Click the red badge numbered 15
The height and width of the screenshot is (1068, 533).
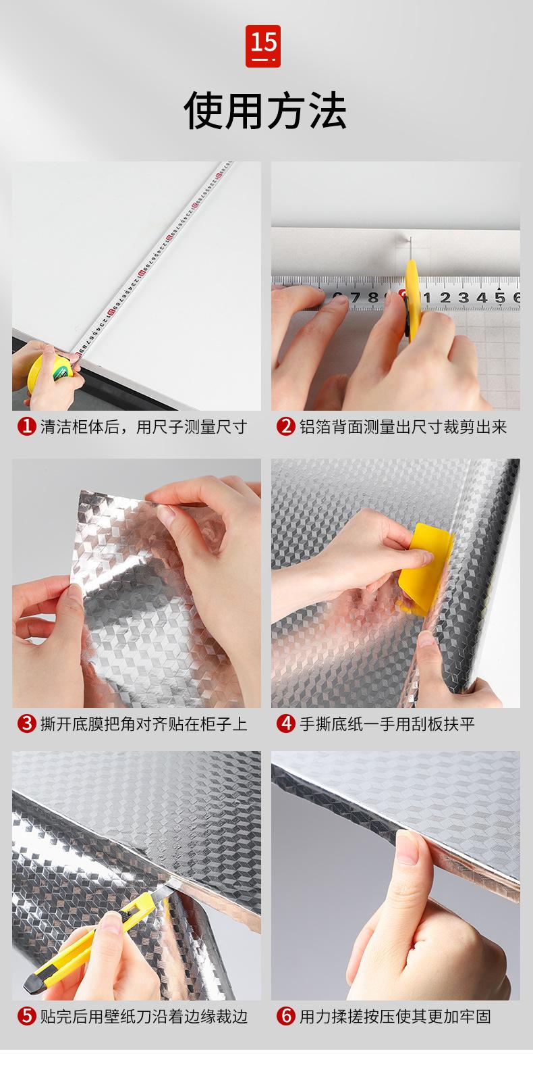(263, 46)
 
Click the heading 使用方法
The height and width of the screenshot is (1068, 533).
(265, 110)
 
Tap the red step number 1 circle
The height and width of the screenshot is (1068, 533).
(27, 426)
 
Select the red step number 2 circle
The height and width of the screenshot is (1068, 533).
(286, 426)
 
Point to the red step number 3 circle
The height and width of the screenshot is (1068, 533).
(27, 723)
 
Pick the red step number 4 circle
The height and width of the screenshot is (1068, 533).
(286, 723)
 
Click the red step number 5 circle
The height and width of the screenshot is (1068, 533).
(27, 1016)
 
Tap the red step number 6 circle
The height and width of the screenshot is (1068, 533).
(286, 1016)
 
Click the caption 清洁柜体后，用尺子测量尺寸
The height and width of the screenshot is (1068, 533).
(144, 427)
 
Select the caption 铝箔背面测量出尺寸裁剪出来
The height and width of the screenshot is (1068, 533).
(403, 427)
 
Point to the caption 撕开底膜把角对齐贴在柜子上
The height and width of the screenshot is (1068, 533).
(144, 724)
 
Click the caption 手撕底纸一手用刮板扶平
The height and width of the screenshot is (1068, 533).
(387, 724)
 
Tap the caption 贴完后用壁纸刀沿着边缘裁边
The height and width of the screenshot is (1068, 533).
(144, 1017)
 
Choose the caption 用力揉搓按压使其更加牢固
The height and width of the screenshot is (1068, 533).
(395, 1017)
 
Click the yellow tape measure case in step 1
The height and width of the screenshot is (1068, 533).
(45, 372)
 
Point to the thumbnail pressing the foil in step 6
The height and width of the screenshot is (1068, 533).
(407, 847)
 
